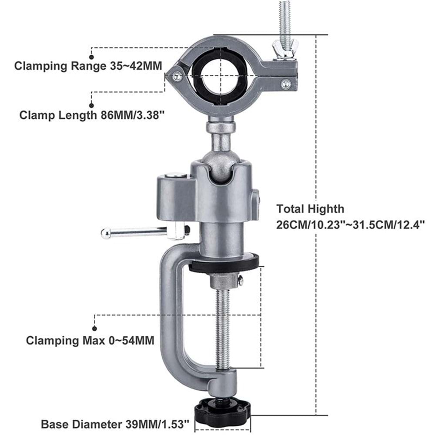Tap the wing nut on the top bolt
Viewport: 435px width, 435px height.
pyautogui.click(x=284, y=50)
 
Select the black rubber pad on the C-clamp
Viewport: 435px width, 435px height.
pyautogui.click(x=224, y=263)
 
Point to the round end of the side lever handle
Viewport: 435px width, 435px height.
pyautogui.click(x=106, y=233)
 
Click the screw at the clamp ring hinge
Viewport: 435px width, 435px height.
pyautogui.click(x=177, y=76)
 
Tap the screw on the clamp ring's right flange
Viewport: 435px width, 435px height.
pyautogui.click(x=285, y=83)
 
